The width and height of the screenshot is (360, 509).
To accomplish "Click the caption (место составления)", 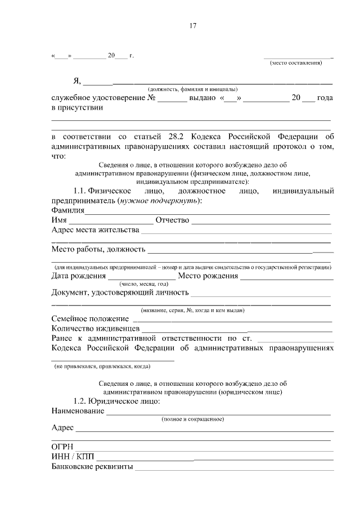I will pyautogui.click(x=296, y=63).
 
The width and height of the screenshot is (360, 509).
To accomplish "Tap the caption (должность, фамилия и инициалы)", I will pyautogui.click(x=192, y=89).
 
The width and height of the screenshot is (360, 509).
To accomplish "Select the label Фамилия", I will pyautogui.click(x=67, y=210).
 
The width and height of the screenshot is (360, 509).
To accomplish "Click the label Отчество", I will pyautogui.click(x=172, y=220).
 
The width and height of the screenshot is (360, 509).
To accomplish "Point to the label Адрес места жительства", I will pyautogui.click(x=94, y=230).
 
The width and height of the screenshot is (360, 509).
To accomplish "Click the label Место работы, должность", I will pyautogui.click(x=98, y=249).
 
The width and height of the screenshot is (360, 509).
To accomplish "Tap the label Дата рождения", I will pyautogui.click(x=78, y=276).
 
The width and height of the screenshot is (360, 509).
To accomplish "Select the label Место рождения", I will pyautogui.click(x=207, y=276).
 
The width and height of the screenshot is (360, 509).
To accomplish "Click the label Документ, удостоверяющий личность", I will pyautogui.click(x=119, y=292).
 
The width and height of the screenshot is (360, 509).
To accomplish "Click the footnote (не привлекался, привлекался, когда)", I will pyautogui.click(x=102, y=366).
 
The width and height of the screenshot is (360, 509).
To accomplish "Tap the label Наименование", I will pyautogui.click(x=78, y=411).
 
